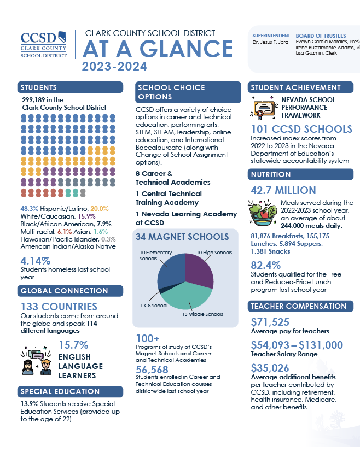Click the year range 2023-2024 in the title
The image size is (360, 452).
pyautogui.click(x=114, y=67)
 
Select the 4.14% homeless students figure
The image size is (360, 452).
pyautogui.click(x=35, y=261)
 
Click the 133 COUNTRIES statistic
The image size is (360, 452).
pyautogui.click(x=59, y=307)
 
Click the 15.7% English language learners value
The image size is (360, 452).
pyautogui.click(x=73, y=345)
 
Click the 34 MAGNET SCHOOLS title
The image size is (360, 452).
pyautogui.click(x=182, y=237)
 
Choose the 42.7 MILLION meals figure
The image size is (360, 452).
pyautogui.click(x=283, y=190)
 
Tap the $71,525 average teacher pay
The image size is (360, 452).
pyautogui.click(x=270, y=322)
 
